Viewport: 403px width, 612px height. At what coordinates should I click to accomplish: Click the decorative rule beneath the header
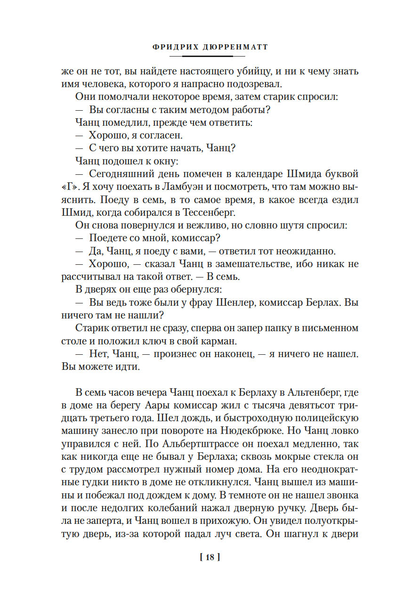[201, 56]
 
